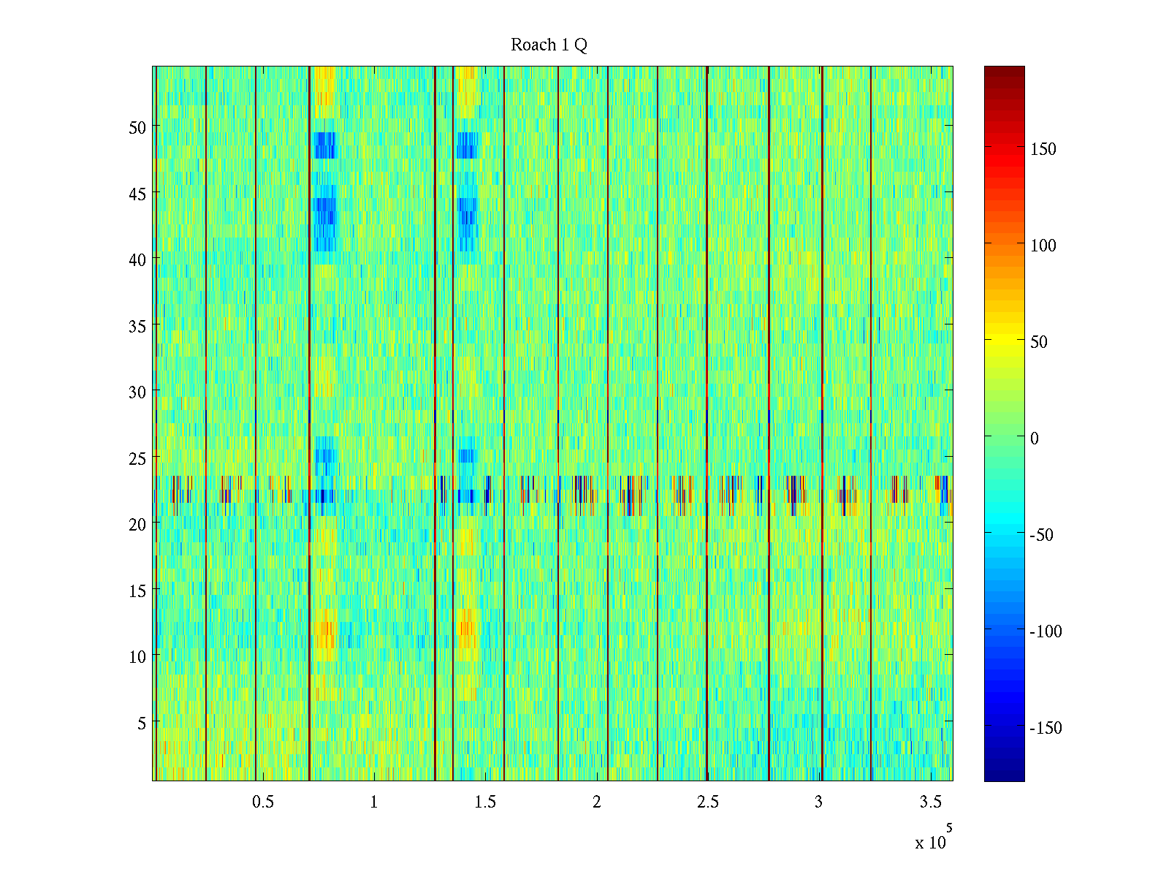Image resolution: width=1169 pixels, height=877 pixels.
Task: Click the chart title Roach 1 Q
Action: [549, 45]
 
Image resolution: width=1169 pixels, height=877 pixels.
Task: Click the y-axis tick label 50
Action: [137, 127]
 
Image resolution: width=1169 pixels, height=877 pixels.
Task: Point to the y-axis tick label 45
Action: [137, 194]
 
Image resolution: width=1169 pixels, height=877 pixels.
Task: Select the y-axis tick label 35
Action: [137, 326]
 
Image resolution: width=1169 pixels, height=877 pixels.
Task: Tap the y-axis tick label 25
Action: [137, 458]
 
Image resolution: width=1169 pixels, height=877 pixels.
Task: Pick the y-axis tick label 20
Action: [137, 524]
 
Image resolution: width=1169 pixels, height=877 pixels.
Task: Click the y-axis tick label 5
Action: [142, 723]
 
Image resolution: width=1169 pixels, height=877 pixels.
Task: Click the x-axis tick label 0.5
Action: [263, 802]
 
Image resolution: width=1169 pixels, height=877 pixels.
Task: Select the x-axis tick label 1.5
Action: [485, 802]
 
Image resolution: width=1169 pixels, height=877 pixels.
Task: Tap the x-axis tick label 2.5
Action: [707, 802]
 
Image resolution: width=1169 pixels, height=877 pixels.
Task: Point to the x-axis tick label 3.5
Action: [930, 802]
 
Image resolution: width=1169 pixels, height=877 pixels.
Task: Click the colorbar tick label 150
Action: [1043, 149]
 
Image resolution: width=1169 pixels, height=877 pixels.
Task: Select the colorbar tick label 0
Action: [1035, 438]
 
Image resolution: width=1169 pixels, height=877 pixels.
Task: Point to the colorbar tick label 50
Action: [1039, 342]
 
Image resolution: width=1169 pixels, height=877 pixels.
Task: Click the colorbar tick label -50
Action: [1042, 535]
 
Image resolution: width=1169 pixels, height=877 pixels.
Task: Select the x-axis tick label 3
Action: [818, 802]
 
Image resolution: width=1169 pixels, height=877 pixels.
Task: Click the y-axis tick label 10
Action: [137, 656]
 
